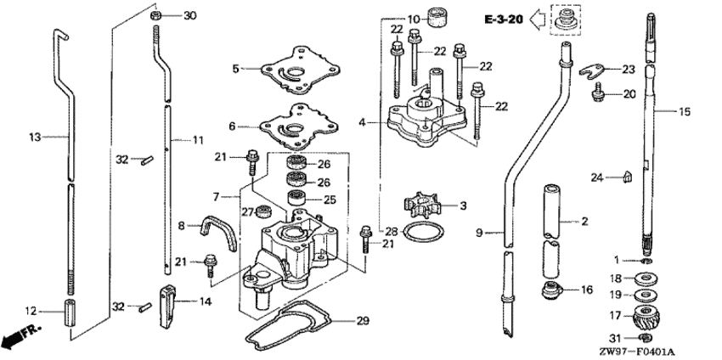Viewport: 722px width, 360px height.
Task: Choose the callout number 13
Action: [34, 136]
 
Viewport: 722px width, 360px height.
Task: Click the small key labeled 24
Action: [626, 177]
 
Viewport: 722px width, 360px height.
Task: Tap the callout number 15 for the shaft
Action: [685, 111]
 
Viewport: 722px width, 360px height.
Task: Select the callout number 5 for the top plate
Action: [240, 67]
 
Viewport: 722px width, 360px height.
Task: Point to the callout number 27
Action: [246, 211]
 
